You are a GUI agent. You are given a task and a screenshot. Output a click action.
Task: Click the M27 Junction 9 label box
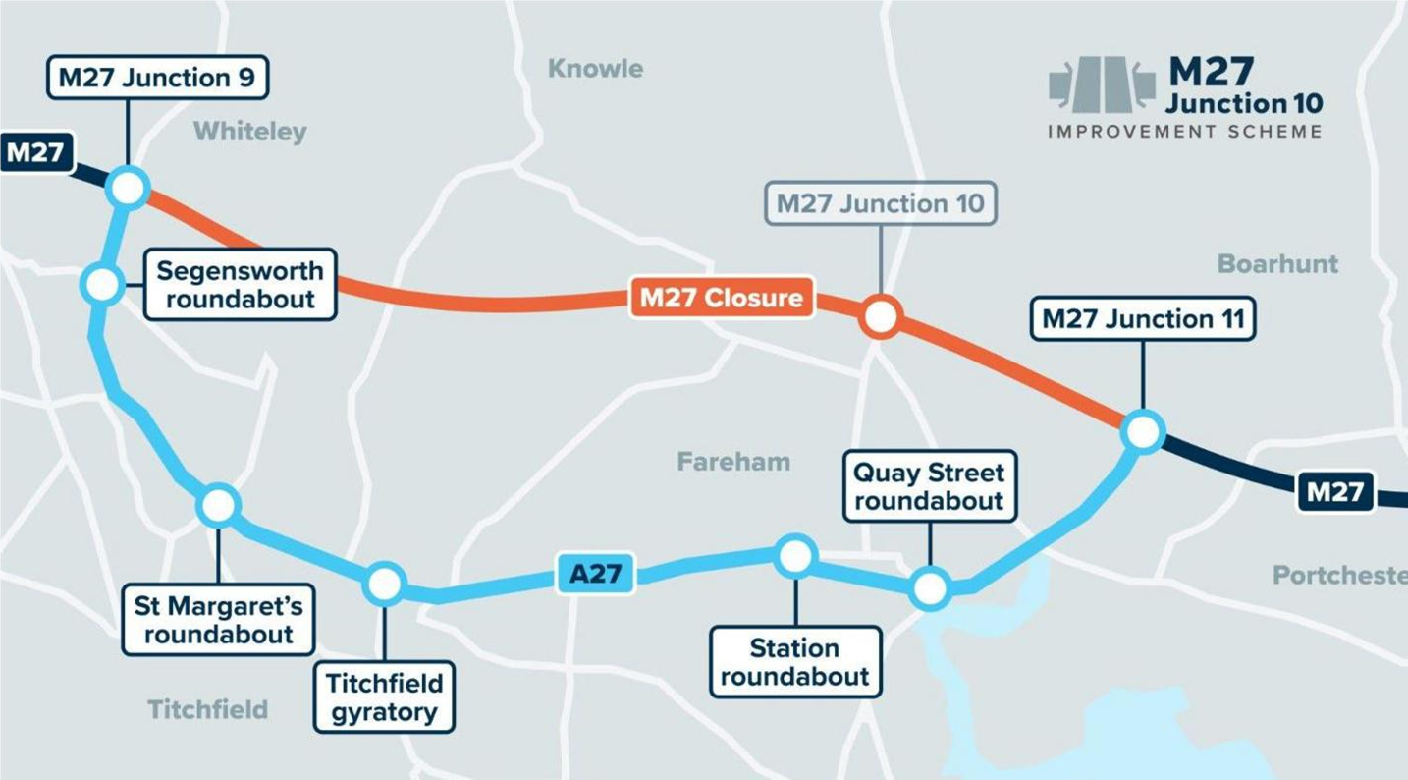[x=157, y=78]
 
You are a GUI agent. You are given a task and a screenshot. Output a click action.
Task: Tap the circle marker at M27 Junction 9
[x=129, y=187]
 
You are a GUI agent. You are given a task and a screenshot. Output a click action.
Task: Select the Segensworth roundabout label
[x=240, y=284]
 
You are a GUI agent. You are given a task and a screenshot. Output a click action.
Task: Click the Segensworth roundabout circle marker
[x=102, y=285]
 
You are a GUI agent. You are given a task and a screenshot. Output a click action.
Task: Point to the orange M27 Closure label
[x=722, y=297]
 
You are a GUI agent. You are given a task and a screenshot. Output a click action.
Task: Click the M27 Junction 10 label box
[x=880, y=204]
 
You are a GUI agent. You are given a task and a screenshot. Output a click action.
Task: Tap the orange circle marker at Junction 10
[x=880, y=316]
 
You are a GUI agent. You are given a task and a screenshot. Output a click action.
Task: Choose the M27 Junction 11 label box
[x=1142, y=320]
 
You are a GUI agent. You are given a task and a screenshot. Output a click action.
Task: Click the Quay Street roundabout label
[x=929, y=487]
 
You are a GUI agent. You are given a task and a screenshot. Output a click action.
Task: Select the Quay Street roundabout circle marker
[x=929, y=588]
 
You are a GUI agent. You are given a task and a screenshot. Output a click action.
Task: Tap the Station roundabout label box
[x=794, y=663]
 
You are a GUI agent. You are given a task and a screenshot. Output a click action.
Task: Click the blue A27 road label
[x=596, y=574]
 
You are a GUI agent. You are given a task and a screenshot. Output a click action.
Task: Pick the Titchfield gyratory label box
[x=384, y=696]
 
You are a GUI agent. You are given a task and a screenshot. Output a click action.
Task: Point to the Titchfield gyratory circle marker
[x=384, y=585]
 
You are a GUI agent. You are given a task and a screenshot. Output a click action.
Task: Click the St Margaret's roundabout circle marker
[x=218, y=505]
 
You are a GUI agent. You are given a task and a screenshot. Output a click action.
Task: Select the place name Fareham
[x=733, y=461]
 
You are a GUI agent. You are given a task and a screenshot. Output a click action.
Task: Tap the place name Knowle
[x=595, y=69]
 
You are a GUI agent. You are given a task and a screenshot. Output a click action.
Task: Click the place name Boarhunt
[x=1277, y=263]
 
